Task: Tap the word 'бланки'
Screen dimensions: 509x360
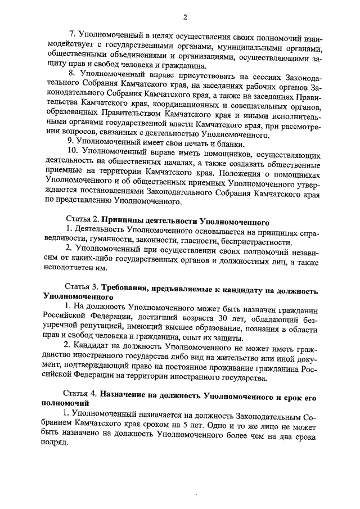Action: click(220, 139)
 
